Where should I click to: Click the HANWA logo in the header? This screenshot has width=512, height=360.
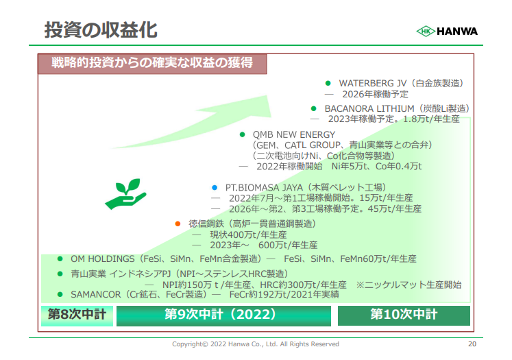[447, 32]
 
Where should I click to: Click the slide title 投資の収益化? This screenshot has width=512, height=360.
[101, 30]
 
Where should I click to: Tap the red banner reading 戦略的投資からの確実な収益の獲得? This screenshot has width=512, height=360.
[152, 63]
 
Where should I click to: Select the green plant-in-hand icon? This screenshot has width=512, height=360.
[125, 194]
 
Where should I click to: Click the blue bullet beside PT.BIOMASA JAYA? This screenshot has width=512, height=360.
[215, 187]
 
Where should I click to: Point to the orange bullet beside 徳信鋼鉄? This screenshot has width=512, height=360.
[178, 224]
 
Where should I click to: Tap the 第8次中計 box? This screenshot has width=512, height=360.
[77, 315]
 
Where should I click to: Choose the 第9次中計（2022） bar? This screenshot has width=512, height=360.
[223, 315]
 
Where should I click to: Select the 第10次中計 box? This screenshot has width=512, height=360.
[404, 315]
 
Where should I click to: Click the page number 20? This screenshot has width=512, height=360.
[472, 344]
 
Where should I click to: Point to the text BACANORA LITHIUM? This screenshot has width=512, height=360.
[369, 108]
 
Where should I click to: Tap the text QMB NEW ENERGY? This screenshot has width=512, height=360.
[294, 134]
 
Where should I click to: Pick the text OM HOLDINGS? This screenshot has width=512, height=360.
[103, 259]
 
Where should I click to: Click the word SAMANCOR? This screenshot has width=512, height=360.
[96, 295]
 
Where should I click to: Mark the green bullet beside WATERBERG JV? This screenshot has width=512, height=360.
[328, 83]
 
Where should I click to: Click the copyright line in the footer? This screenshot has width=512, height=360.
[256, 344]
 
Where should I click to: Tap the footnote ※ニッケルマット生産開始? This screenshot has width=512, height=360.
[409, 285]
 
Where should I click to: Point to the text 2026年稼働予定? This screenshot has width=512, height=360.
[375, 95]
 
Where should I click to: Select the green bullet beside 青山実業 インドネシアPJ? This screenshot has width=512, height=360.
[60, 274]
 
